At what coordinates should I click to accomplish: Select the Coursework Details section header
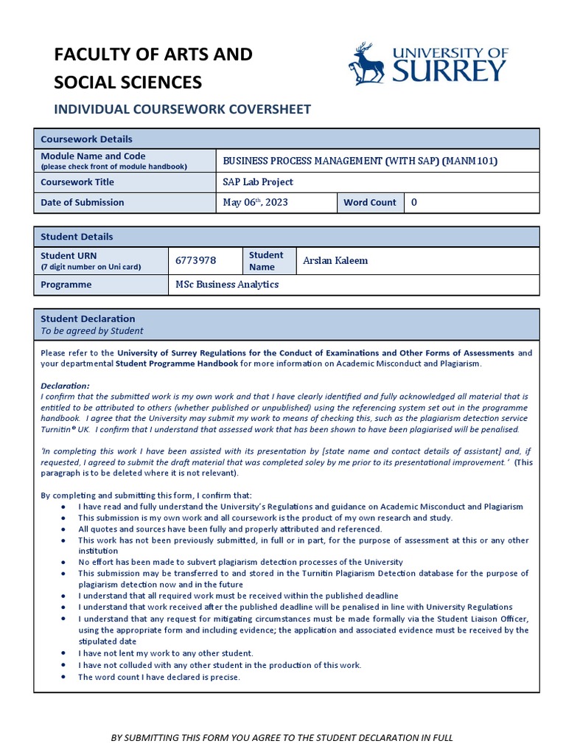coord(87,139)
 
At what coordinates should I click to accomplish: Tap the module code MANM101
coord(472,161)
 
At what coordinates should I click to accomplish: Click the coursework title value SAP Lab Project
coord(258,182)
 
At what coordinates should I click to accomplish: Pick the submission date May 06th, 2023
coord(256,203)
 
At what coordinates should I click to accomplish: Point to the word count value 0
coord(414,203)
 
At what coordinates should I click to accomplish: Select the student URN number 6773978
coord(195,260)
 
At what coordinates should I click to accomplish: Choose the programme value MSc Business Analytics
coord(227,285)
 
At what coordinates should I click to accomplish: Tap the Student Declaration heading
coord(88,319)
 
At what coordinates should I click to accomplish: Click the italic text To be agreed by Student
coord(92,331)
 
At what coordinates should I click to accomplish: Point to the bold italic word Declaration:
coord(65,386)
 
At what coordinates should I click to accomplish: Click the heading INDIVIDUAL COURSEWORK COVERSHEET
coord(183,110)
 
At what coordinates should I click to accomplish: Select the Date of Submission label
coord(83,203)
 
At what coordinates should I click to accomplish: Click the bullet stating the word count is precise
coord(159,677)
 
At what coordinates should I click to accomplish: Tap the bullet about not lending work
coord(166,653)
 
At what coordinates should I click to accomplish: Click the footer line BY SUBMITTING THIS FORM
coord(282,737)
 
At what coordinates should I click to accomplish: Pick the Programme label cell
coord(66,285)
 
